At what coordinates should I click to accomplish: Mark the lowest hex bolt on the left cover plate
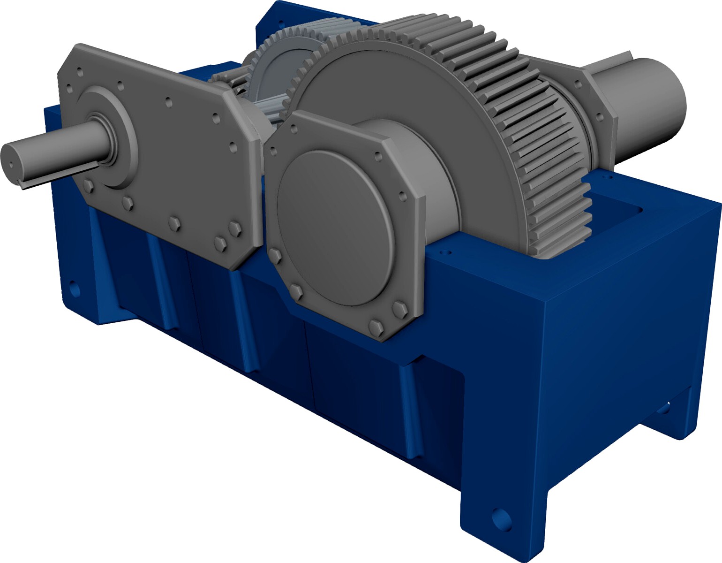(220, 243)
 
